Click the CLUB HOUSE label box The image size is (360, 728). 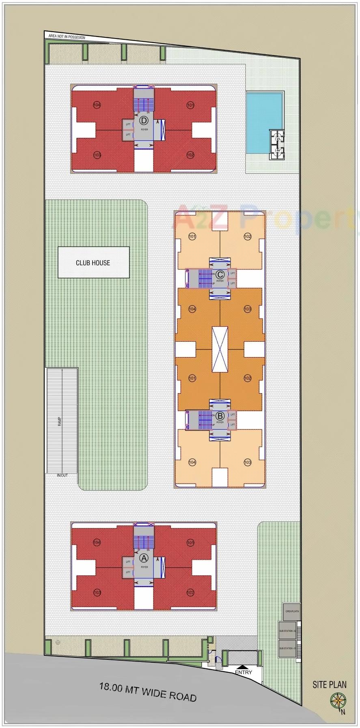pos(93,263)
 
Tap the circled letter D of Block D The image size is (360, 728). pos(144,121)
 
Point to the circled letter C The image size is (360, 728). pos(220,274)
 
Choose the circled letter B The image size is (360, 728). pos(220,416)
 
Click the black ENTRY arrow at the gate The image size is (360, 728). pos(243,667)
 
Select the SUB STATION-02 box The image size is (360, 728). pos(287,631)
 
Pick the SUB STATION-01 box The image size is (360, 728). pos(287,648)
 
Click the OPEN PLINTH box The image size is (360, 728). pos(291,611)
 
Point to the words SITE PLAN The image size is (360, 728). pos(330,685)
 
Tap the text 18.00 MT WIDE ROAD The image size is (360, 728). pos(148,692)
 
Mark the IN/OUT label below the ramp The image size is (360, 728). pos(62,475)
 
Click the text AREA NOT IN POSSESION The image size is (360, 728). pos(67,37)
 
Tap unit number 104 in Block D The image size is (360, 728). pos(97,105)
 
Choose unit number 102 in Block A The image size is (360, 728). pos(190,592)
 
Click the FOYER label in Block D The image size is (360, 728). pos(144,129)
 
